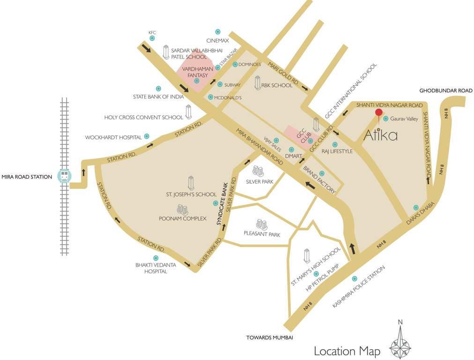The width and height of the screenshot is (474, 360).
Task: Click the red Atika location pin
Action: point(378,112)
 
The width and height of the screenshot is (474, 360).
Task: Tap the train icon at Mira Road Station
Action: point(64,176)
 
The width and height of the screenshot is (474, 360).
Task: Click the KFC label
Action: point(152,33)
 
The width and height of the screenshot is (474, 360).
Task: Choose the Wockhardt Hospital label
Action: point(113,137)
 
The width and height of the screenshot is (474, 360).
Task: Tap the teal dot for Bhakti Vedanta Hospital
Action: point(156,258)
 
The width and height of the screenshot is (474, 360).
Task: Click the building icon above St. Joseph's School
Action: point(191,182)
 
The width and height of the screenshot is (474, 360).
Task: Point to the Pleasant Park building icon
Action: point(261,224)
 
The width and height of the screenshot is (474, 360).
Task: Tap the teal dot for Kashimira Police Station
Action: point(354,278)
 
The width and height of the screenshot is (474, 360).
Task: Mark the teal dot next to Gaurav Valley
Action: point(386,119)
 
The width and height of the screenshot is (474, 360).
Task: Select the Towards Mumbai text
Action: point(270,337)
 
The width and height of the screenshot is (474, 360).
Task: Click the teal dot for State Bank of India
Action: point(158,88)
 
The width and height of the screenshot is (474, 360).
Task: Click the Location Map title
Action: point(347,351)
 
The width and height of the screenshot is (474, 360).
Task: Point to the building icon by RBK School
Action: point(257,83)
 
